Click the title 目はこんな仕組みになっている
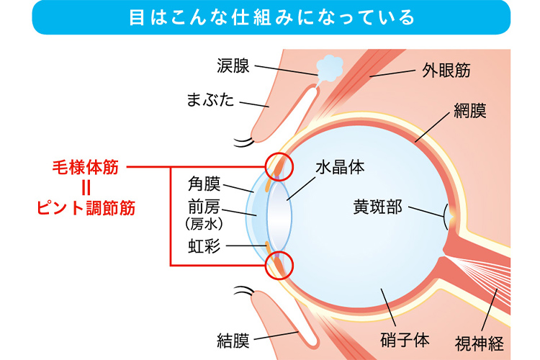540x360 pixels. click(x=270, y=17)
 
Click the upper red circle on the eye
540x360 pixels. click(x=279, y=166)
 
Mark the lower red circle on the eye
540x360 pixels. click(x=279, y=265)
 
